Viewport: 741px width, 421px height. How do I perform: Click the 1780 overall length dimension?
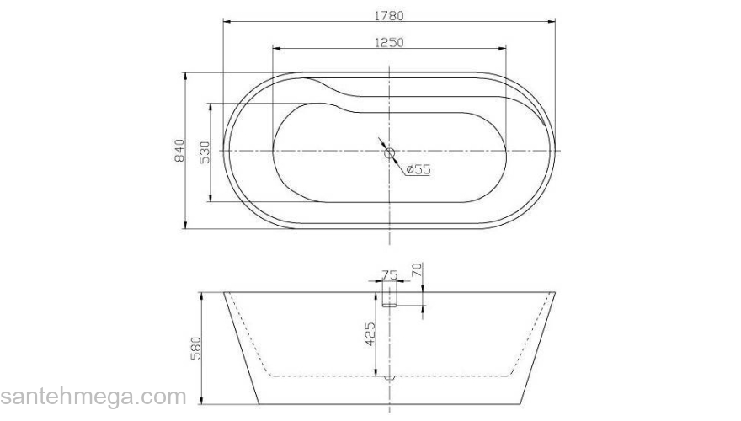click(x=389, y=14)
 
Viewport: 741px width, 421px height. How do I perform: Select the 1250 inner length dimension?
click(x=389, y=41)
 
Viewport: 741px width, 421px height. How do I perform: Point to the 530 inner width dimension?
click(x=204, y=152)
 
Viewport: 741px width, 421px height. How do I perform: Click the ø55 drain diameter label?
click(x=418, y=170)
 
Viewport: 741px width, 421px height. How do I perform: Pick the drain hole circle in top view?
click(x=389, y=152)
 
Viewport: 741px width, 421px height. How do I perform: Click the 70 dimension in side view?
click(x=416, y=271)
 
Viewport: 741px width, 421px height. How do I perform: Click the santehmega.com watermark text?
click(x=93, y=397)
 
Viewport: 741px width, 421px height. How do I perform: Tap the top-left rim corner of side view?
click(x=225, y=293)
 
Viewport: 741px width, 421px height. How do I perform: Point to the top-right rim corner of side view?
click(x=554, y=293)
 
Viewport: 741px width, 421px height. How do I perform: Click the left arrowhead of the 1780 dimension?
click(x=226, y=21)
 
